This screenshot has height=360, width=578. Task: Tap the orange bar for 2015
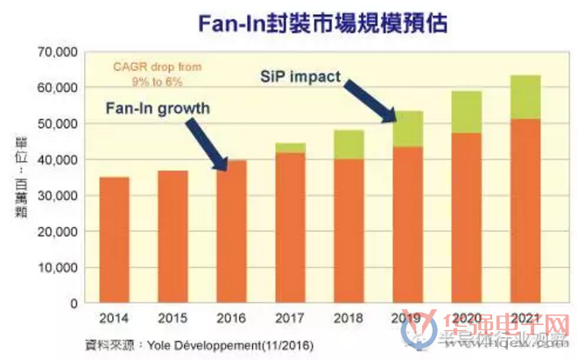(173, 236)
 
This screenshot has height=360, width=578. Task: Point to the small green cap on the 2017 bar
(290, 147)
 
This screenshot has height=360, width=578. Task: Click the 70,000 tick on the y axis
(53, 53)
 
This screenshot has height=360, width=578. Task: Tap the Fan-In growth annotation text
(158, 109)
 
